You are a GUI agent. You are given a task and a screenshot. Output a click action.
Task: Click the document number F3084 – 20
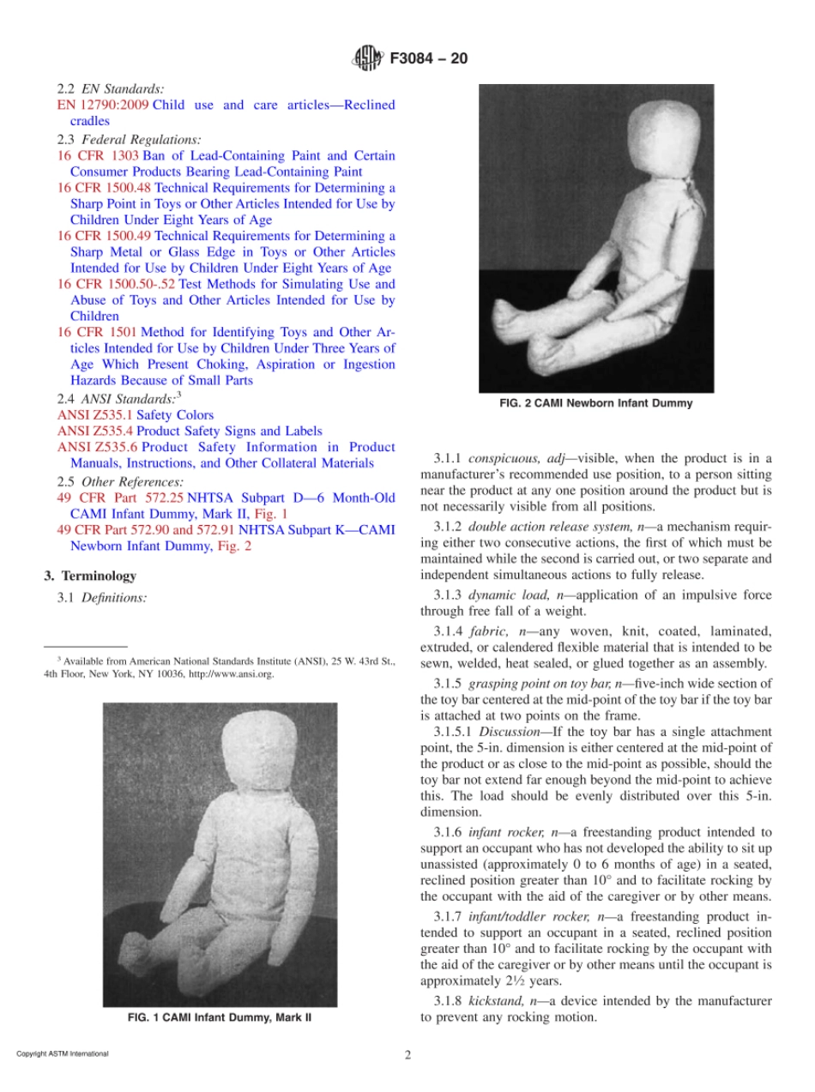tap(429, 59)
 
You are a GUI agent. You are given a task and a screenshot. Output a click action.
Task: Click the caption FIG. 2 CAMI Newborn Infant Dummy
tap(595, 403)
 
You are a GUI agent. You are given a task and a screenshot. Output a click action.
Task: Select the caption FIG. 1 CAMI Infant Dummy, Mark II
tap(219, 1017)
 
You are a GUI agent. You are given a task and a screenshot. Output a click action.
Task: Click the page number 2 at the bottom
tap(407, 1055)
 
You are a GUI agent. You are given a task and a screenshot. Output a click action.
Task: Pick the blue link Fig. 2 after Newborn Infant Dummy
tap(236, 546)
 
